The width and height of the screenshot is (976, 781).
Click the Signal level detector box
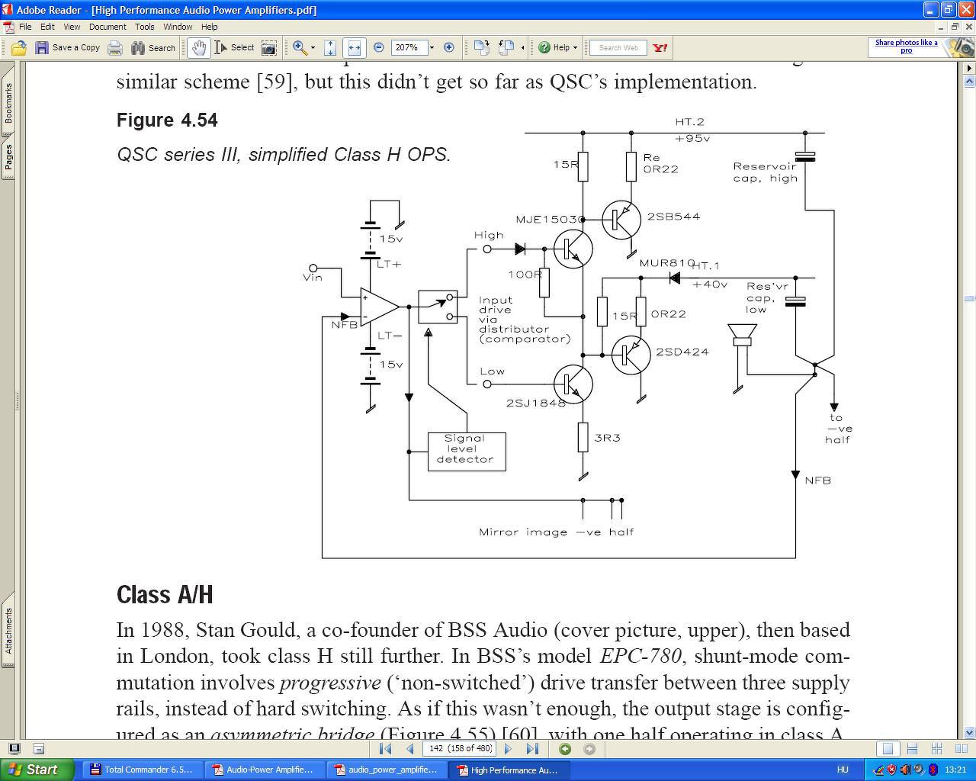point(466,451)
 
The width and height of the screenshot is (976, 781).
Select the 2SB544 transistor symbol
point(621,220)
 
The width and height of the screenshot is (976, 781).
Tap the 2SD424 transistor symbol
point(631,355)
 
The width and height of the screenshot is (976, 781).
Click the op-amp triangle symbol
point(379,307)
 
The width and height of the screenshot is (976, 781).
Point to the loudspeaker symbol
point(741,336)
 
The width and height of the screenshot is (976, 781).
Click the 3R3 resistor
point(583,438)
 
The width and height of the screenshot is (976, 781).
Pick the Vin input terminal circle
point(313,268)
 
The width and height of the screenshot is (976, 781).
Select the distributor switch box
point(438,307)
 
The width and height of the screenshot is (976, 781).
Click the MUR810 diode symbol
point(674,278)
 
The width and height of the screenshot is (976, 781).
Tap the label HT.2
point(689,122)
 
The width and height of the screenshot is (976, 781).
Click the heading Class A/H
point(165,595)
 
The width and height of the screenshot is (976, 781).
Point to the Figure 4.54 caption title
point(167,121)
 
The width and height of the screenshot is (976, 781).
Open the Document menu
point(108,27)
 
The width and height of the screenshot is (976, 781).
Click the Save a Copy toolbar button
point(68,47)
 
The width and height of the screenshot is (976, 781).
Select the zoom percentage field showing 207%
point(408,47)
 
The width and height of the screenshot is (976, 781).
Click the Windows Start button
point(37,770)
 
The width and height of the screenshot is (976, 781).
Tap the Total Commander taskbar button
point(142,770)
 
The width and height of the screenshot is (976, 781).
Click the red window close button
point(965,9)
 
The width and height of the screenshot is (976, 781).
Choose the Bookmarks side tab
point(8,103)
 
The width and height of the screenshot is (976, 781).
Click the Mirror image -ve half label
point(556,532)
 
